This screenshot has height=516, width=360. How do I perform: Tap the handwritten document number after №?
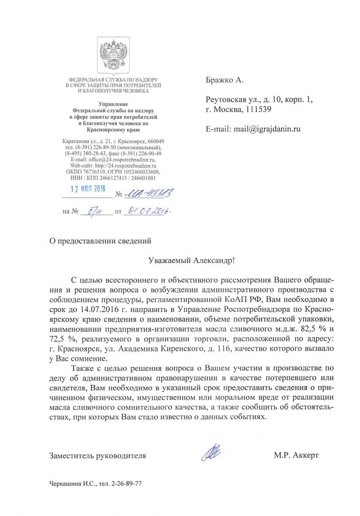click(143, 191)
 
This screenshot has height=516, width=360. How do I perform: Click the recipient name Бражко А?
click(225, 80)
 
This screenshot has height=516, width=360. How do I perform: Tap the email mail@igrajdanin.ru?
click(265, 129)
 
